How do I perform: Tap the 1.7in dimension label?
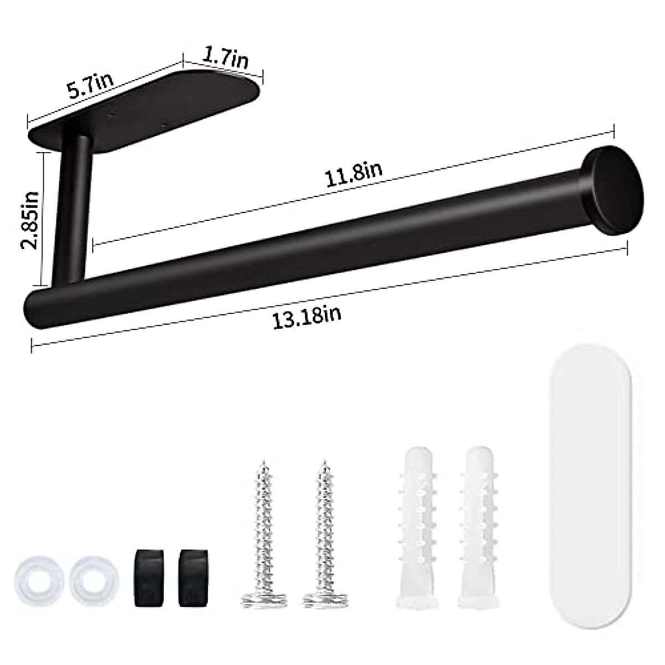point(225,58)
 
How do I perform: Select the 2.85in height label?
point(29,220)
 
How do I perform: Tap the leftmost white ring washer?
point(39,579)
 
